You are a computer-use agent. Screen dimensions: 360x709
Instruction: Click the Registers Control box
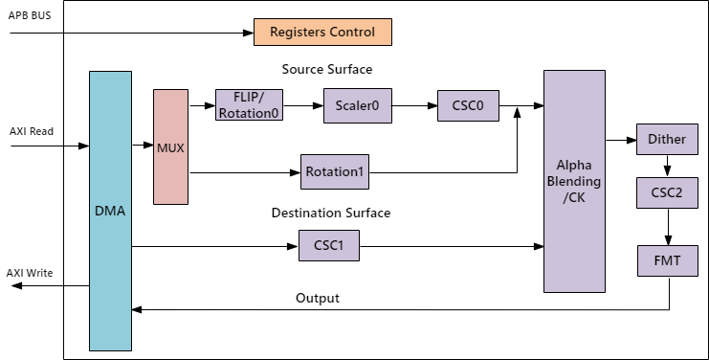[322, 32]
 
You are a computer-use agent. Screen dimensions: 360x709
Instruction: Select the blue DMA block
[110, 211]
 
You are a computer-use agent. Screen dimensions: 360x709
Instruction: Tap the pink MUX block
[171, 146]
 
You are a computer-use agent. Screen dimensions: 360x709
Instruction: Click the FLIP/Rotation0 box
[249, 105]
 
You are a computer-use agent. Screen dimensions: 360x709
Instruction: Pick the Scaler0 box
[358, 105]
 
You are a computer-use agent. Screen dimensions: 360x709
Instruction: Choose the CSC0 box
[468, 105]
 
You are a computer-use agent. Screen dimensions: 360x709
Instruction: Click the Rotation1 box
[335, 172]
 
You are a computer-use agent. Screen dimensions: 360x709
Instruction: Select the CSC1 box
[329, 246]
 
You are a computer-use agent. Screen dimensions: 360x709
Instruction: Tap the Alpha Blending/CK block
[574, 181]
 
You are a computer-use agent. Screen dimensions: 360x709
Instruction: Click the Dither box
[667, 139]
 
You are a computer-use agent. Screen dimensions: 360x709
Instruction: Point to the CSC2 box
[667, 192]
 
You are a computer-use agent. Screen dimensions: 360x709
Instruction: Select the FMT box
[667, 259]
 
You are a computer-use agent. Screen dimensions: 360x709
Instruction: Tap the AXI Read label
[32, 131]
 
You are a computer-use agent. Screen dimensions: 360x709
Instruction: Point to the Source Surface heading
[327, 70]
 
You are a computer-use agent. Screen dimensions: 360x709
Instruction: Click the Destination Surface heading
[331, 213]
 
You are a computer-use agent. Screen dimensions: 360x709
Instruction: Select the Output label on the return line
[318, 298]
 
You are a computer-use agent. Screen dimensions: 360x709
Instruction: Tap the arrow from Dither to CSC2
[667, 166]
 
